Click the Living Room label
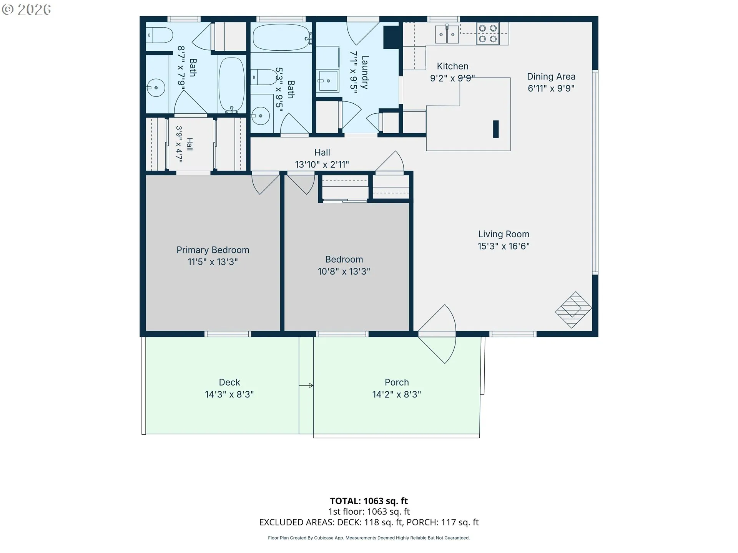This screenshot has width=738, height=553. [x=504, y=234]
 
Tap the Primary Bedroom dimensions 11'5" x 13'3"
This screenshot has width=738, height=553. [x=213, y=262]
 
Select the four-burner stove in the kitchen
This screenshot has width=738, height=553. [x=488, y=33]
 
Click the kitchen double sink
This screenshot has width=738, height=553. [x=447, y=34]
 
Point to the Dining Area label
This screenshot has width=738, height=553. [x=551, y=76]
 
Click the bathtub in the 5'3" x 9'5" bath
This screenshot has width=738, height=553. [x=281, y=37]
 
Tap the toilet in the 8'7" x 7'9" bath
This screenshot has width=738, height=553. [x=160, y=35]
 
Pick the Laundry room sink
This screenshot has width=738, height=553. [x=328, y=81]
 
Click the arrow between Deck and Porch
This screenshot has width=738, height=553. [x=306, y=385]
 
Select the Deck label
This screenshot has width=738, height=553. [x=229, y=382]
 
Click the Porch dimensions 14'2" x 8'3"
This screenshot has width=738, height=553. [x=397, y=394]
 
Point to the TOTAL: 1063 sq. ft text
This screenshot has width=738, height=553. [x=369, y=501]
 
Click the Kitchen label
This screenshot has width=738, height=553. [x=452, y=66]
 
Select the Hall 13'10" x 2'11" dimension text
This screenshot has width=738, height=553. [x=322, y=165]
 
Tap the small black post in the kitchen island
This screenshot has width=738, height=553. [x=496, y=129]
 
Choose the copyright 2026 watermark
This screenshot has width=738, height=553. [x=26, y=9]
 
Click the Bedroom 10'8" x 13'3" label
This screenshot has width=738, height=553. [x=344, y=265]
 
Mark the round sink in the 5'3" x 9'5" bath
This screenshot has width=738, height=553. [x=261, y=115]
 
